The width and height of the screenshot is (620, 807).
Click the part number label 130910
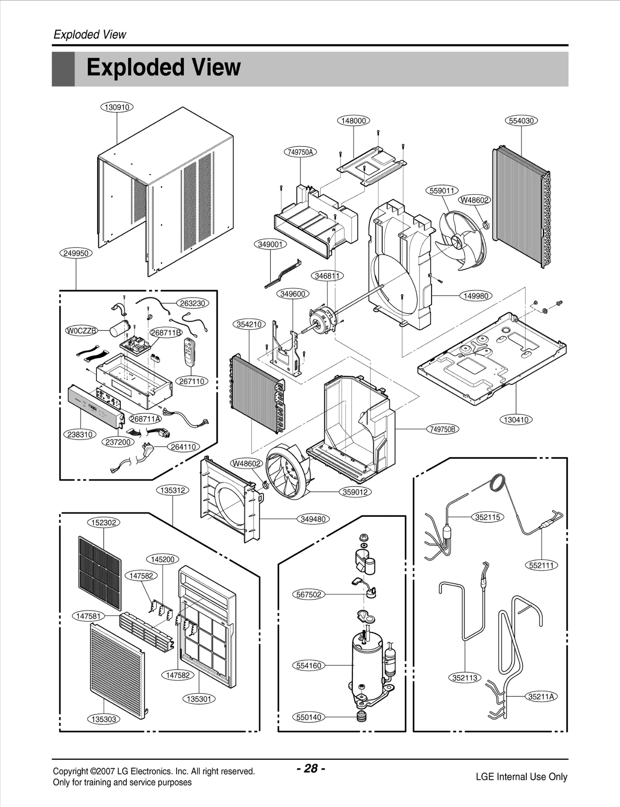pyautogui.click(x=117, y=107)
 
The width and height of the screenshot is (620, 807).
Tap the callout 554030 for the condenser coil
pyautogui.click(x=521, y=121)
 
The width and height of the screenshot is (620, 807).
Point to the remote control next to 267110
pyautogui.click(x=189, y=352)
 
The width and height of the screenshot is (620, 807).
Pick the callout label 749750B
pyautogui.click(x=443, y=429)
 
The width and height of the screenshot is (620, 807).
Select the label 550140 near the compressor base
pyautogui.click(x=308, y=717)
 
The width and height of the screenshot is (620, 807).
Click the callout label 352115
pyautogui.click(x=487, y=517)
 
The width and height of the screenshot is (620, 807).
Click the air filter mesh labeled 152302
pyautogui.click(x=100, y=573)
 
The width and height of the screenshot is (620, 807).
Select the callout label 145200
pyautogui.click(x=163, y=559)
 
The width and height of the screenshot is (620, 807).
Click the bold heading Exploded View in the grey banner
pyautogui.click(x=164, y=68)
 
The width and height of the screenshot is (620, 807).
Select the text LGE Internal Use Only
pyautogui.click(x=521, y=777)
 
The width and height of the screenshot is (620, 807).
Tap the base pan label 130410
pyautogui.click(x=516, y=420)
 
